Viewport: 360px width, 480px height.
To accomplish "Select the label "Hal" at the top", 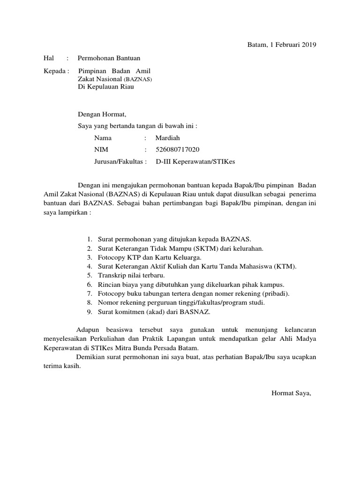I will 49,58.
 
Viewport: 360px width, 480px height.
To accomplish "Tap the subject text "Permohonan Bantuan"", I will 109,58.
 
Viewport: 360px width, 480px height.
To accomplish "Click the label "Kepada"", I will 53,72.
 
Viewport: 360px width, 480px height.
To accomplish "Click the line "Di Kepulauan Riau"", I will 106,87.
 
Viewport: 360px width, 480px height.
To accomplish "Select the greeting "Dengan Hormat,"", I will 102,113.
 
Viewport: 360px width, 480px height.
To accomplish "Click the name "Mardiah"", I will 167,138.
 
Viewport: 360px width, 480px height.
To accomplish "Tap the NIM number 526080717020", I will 177,150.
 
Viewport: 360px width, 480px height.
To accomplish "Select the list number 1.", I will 89,240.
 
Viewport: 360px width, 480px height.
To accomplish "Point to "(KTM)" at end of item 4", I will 286,267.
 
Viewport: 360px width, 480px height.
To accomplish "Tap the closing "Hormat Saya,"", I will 291,393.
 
